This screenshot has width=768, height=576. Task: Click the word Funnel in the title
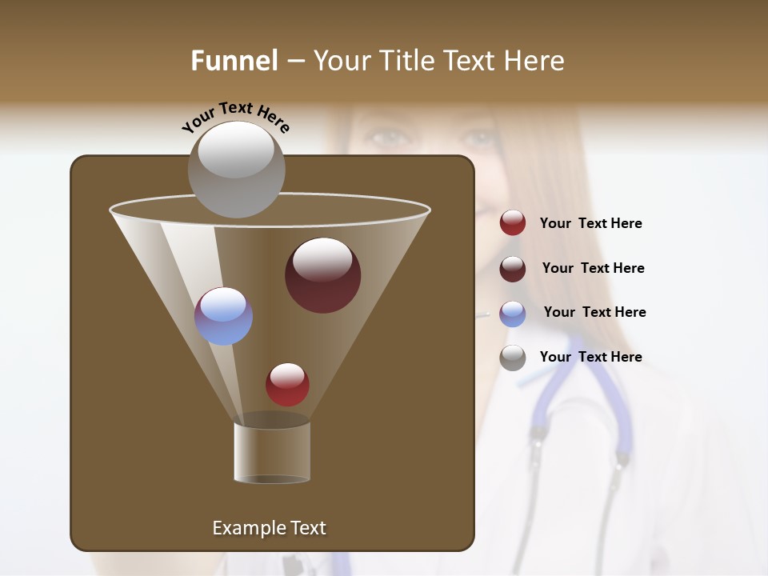[234, 61]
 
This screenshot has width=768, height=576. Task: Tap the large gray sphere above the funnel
[236, 170]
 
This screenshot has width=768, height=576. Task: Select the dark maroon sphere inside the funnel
[322, 275]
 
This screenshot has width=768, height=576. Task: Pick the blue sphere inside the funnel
[223, 316]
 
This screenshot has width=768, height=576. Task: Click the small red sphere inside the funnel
[287, 384]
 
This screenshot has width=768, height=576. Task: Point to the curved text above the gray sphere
[235, 116]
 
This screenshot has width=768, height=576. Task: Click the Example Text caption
[269, 528]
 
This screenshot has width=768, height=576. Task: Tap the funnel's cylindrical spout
[272, 452]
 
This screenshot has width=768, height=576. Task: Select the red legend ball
[513, 223]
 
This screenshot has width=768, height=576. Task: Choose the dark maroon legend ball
[513, 269]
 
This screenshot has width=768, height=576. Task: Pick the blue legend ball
[513, 314]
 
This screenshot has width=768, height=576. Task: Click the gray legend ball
[513, 358]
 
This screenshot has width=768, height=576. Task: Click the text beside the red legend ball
[590, 224]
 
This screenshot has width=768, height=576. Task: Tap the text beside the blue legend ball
[594, 312]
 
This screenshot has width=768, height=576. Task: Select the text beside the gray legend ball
[590, 357]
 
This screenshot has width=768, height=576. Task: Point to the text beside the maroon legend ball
[593, 268]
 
